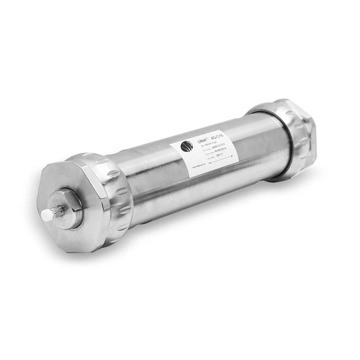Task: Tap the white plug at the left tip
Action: (45, 215)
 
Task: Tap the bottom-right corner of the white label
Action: (239, 165)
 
